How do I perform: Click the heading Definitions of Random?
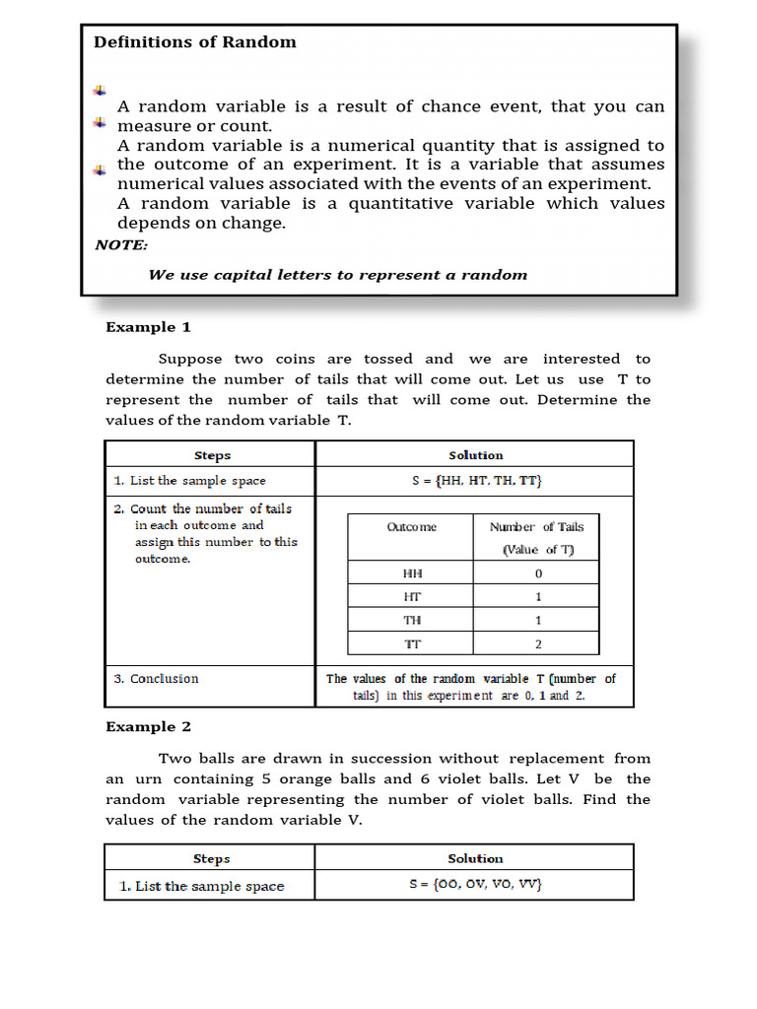[x=194, y=42]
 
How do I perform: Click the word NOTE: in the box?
[x=121, y=245]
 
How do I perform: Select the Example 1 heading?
[x=148, y=327]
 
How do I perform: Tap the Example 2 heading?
[x=148, y=727]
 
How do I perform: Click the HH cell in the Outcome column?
[x=411, y=573]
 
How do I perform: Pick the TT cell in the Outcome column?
[x=411, y=643]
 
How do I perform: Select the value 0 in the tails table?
[x=537, y=573]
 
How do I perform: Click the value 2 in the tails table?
[x=537, y=643]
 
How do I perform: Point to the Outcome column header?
[x=411, y=527]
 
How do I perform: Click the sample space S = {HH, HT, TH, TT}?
[x=476, y=481]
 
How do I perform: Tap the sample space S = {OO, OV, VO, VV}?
[x=476, y=885]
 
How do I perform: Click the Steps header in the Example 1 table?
[x=211, y=455]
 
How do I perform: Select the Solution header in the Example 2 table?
[x=475, y=858]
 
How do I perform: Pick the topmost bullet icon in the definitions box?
[x=100, y=91]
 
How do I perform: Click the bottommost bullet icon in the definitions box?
[x=100, y=170]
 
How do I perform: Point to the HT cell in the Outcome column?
[x=411, y=597]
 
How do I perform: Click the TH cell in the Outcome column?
[x=411, y=620]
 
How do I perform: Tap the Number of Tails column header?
[x=537, y=538]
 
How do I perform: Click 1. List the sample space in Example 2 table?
[x=201, y=886]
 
